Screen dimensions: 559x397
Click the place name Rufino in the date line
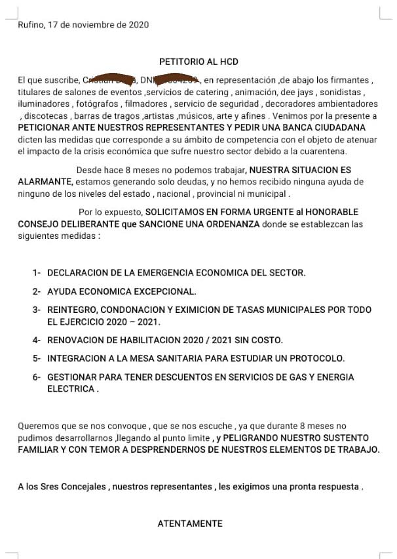pyautogui.click(x=30, y=25)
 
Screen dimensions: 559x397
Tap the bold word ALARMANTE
pyautogui.click(x=45, y=181)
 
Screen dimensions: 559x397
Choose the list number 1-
pyautogui.click(x=37, y=272)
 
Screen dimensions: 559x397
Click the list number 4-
pyautogui.click(x=37, y=340)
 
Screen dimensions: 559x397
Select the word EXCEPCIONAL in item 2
pyautogui.click(x=166, y=291)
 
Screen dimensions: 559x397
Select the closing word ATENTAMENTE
pyautogui.click(x=190, y=524)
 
